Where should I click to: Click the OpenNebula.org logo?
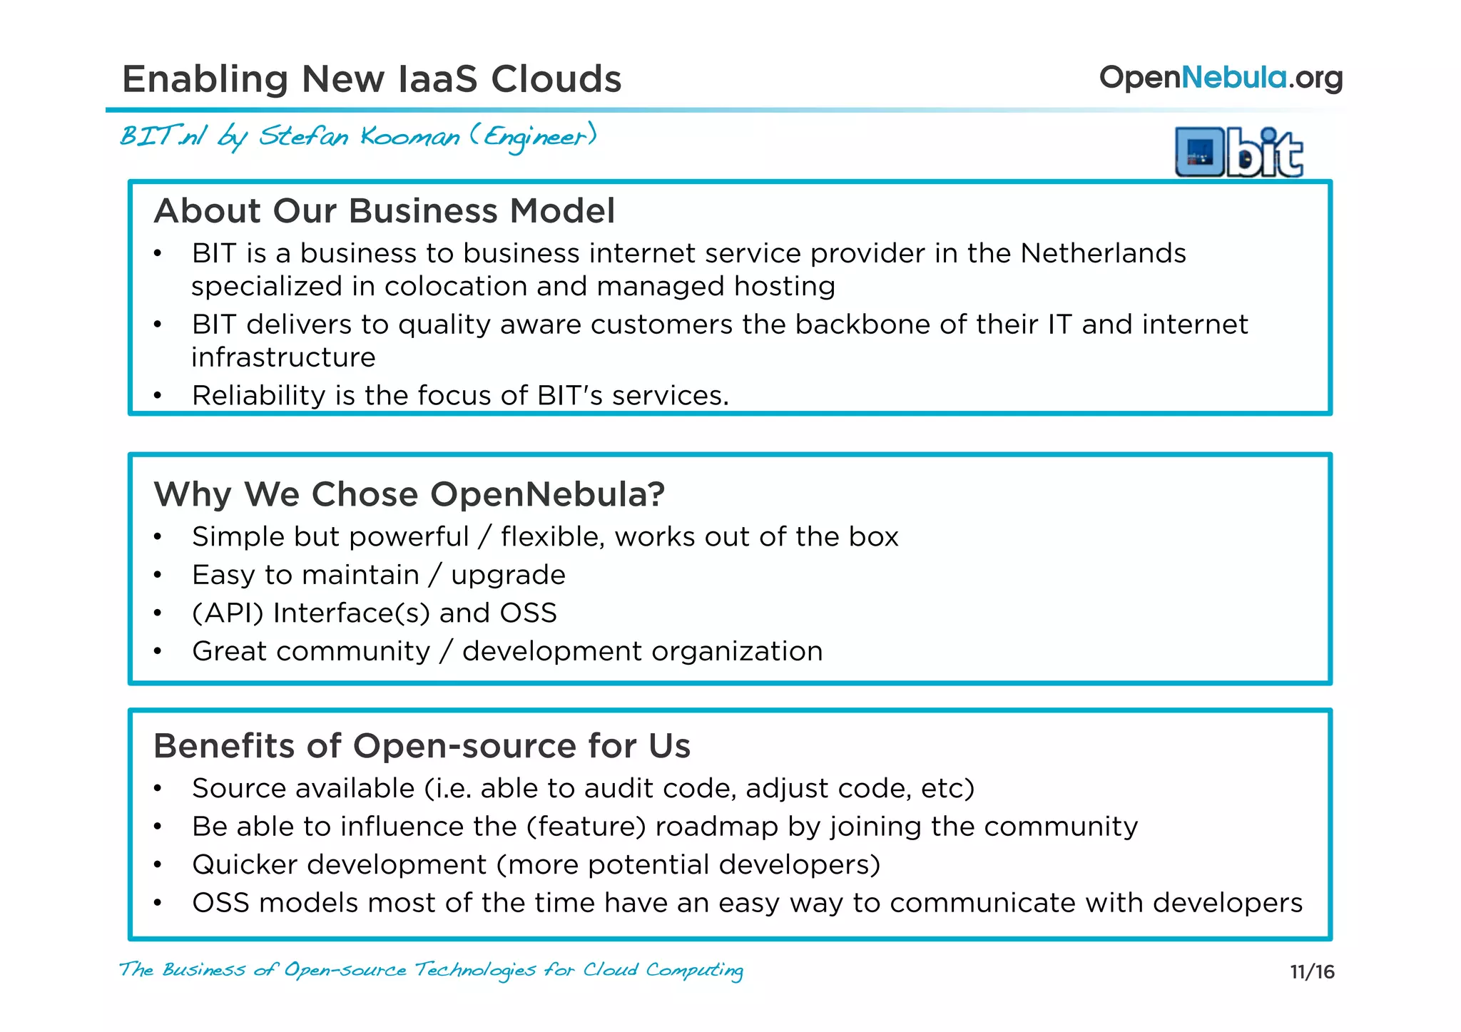tap(1221, 78)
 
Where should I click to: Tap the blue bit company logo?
tap(1239, 152)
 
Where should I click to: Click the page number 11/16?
tap(1312, 971)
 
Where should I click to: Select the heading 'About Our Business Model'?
tap(385, 211)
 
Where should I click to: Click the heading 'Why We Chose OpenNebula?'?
tap(409, 494)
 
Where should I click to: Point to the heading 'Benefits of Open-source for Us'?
tap(422, 746)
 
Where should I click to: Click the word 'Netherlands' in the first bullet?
tap(1103, 253)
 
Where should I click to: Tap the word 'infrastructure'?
tap(283, 357)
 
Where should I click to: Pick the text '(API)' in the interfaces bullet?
tap(228, 613)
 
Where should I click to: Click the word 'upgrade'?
tap(508, 575)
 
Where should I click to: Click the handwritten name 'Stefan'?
tap(304, 136)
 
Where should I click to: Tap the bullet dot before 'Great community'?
tap(158, 652)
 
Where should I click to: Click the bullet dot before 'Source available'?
tap(158, 789)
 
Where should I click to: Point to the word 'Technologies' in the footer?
tap(475, 970)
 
